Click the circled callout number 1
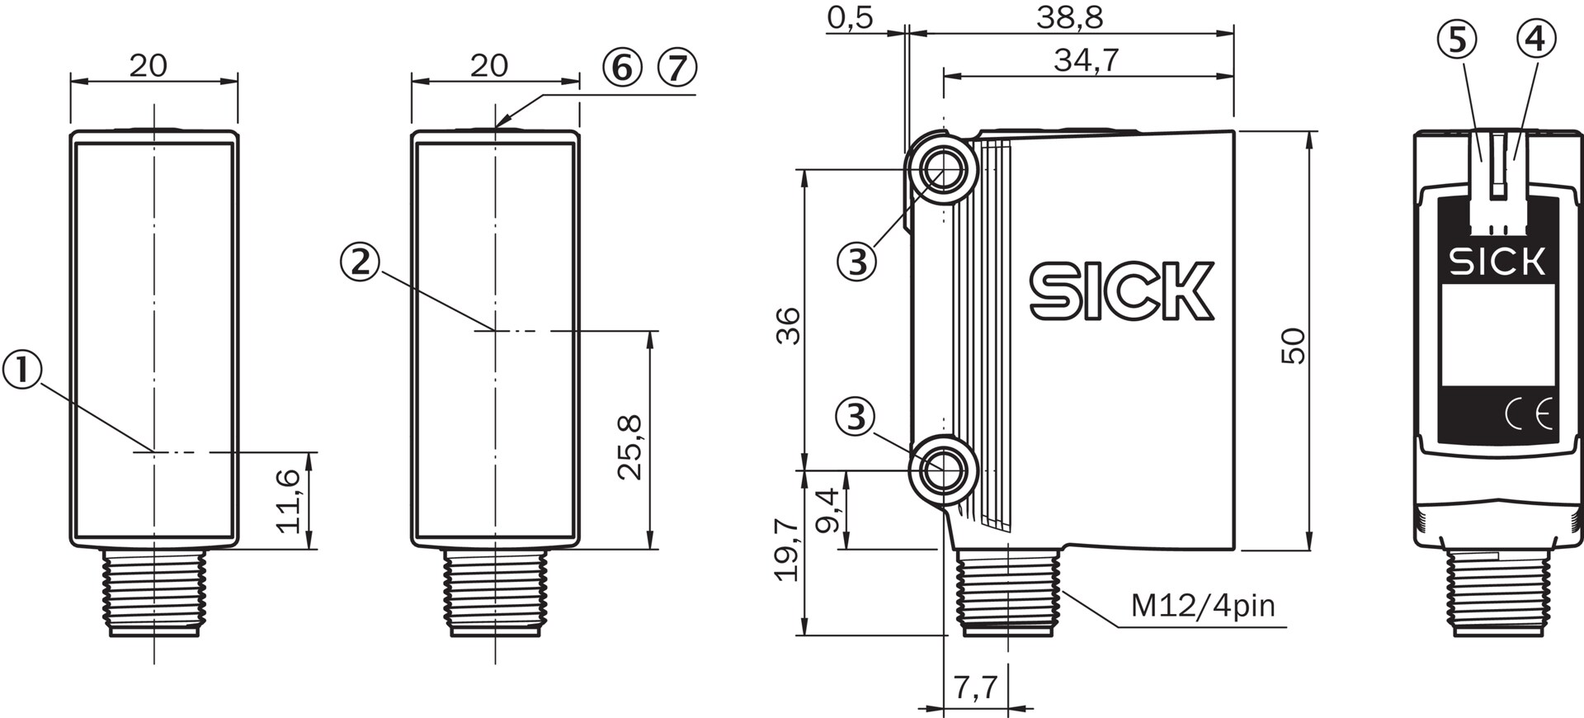pos(24,370)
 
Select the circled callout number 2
pos(360,262)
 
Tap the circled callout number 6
pos(622,67)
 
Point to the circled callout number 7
pos(677,67)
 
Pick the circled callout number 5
pos(1456,39)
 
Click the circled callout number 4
pos(1535,39)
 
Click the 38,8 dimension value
pos(1070,17)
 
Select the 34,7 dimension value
pos(1087,59)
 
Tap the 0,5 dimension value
pos(850,17)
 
